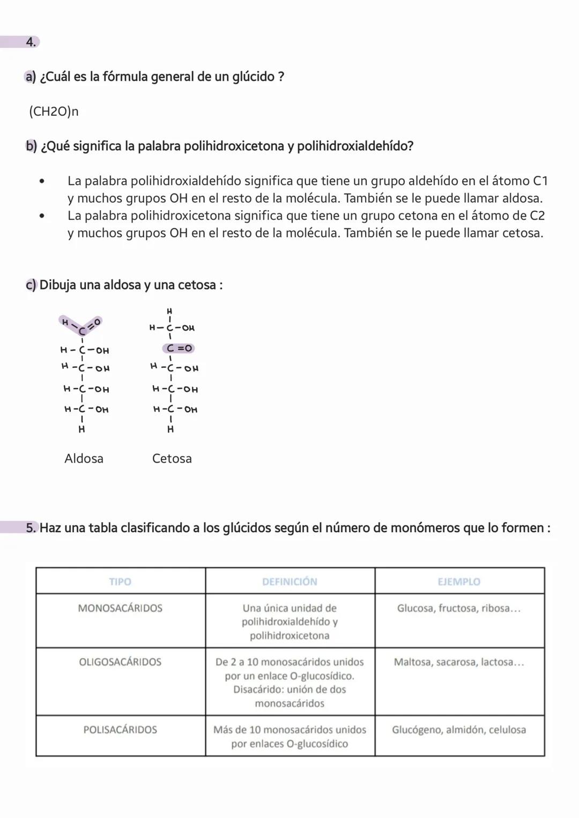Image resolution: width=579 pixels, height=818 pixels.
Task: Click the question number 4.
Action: (x=31, y=42)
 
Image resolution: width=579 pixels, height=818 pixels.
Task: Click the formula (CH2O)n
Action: (x=54, y=111)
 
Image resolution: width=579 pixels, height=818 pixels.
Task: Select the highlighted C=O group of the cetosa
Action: (x=179, y=348)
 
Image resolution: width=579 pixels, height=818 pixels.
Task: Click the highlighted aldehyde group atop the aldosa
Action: (x=81, y=325)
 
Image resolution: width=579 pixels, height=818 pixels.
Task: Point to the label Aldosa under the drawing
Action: (x=84, y=458)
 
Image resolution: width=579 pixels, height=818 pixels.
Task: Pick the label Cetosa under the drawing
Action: (x=172, y=458)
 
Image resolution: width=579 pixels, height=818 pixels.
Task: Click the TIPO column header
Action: (x=120, y=582)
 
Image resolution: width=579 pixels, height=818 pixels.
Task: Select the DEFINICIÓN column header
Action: (x=289, y=582)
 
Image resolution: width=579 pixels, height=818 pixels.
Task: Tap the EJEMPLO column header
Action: (x=459, y=582)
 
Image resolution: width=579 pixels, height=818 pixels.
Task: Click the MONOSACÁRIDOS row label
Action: (x=120, y=608)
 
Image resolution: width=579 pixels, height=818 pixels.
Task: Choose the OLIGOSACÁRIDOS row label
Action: (x=120, y=662)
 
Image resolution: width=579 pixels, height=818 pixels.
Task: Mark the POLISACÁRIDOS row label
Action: (x=120, y=730)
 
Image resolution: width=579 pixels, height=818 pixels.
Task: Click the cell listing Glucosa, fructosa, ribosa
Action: (x=459, y=608)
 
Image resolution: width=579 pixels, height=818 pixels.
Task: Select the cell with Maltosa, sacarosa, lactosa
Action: (x=459, y=662)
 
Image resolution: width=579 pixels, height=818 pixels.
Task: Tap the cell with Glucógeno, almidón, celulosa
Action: (x=459, y=730)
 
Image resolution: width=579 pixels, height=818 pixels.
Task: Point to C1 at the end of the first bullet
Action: (x=540, y=181)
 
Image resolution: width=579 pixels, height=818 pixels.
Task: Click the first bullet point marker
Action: (x=41, y=182)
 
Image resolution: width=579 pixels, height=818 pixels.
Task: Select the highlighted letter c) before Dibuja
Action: (x=31, y=285)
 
